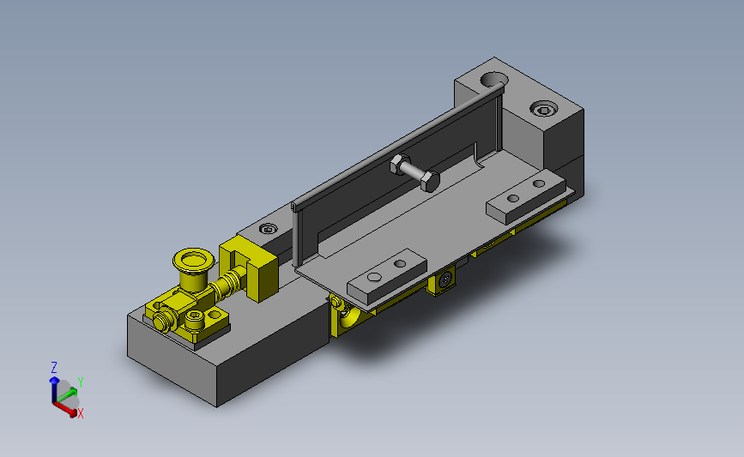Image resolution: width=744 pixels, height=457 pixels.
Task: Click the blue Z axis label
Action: click(54, 366)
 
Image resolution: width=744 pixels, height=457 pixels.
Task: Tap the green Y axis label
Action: click(80, 381)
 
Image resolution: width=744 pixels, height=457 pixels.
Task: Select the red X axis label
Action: click(81, 413)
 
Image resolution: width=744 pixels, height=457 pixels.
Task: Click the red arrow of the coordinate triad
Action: click(66, 406)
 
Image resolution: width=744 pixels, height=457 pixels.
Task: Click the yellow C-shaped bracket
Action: click(251, 270)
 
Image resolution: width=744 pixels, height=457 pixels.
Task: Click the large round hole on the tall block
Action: click(494, 80)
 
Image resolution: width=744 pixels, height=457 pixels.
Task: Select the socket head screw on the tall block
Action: click(542, 109)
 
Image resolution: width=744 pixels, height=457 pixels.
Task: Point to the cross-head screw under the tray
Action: click(445, 280)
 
